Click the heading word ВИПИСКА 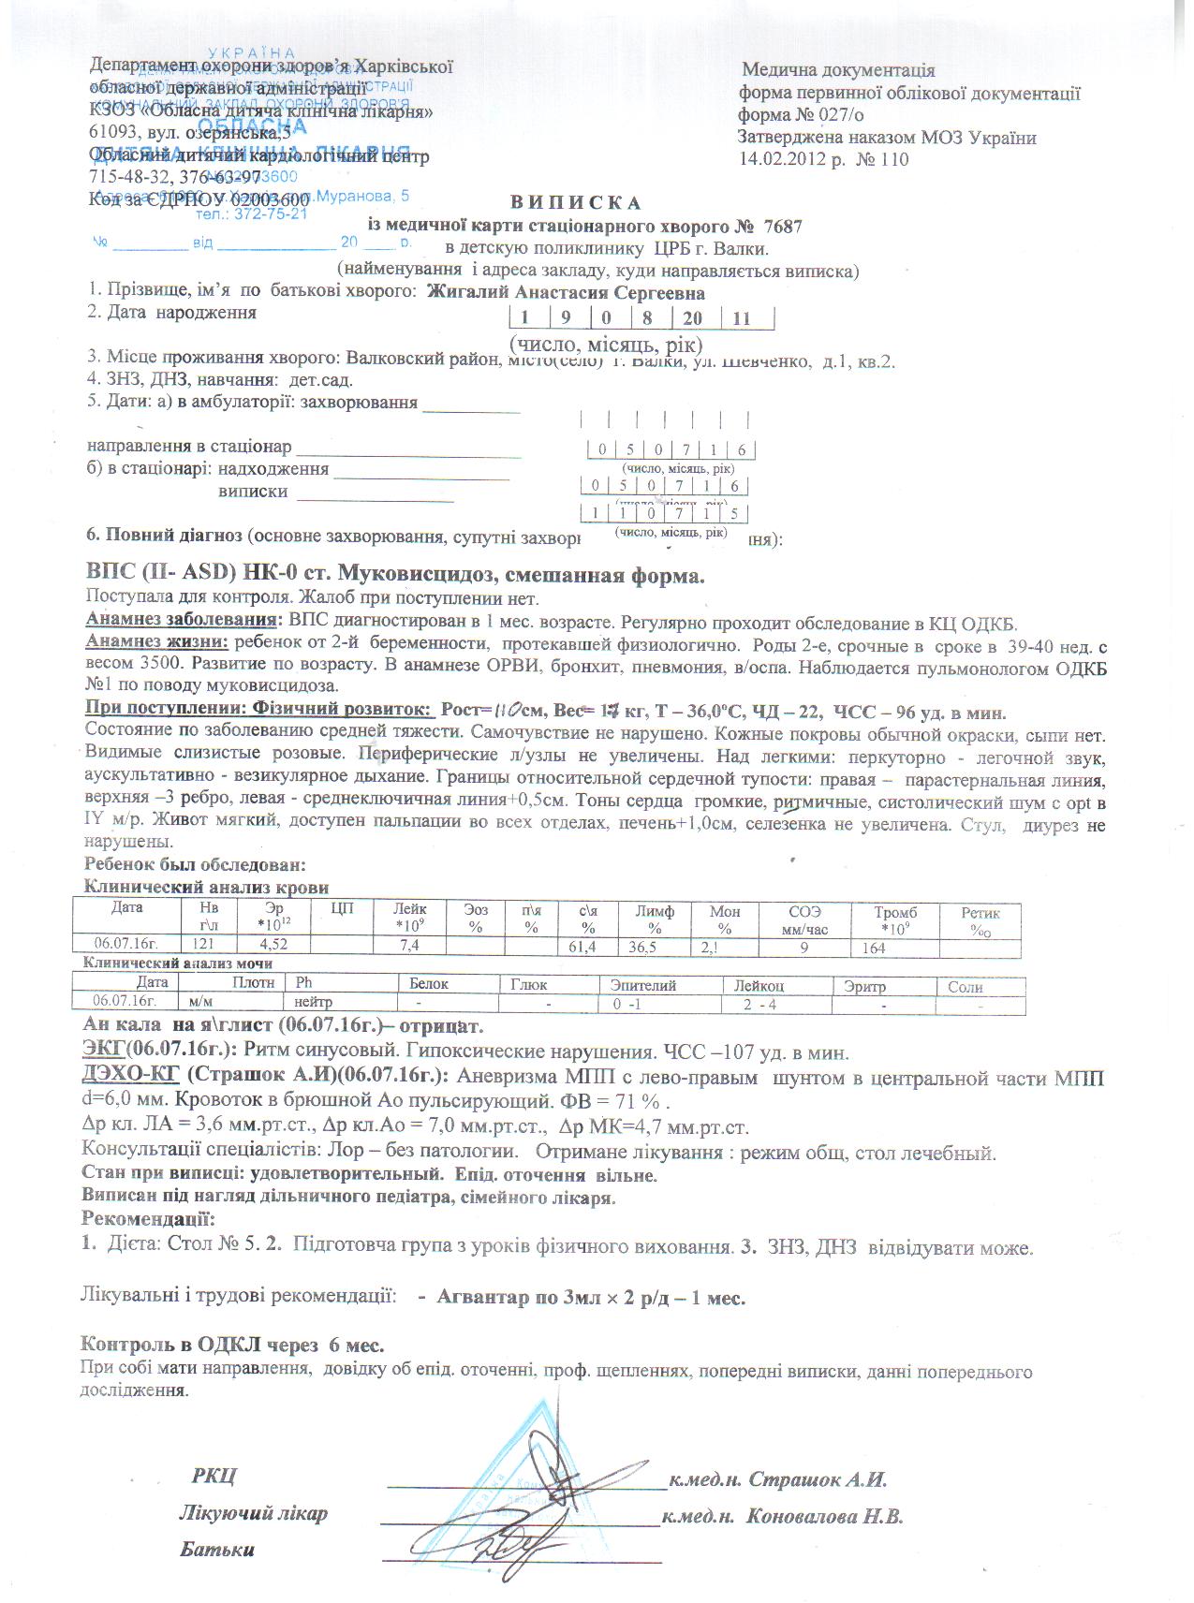click(x=576, y=202)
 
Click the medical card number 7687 click(x=783, y=226)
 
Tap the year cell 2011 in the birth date click(x=741, y=318)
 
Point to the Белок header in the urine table click(x=429, y=984)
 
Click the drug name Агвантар click(x=482, y=1298)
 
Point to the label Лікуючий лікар click(x=253, y=1513)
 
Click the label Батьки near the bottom click(x=217, y=1549)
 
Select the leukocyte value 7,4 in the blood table click(x=408, y=947)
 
